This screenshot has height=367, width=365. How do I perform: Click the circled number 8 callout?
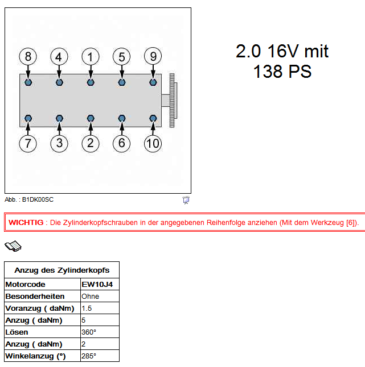pos(28,56)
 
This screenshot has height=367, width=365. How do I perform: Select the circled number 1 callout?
pos(91,56)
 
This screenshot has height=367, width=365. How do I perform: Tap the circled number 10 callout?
pos(153,144)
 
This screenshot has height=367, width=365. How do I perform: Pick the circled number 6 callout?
pos(121,143)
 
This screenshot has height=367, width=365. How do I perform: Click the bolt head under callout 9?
pos(153,82)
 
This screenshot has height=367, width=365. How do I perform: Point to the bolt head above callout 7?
pos(28,118)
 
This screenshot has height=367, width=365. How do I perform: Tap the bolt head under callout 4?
pos(59,82)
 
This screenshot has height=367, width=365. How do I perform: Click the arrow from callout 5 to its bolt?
pos(122,72)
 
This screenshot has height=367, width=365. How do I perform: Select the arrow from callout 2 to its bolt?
pos(91,128)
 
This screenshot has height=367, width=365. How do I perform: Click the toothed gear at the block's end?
pos(173,101)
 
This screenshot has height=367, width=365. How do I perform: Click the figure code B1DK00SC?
pos(38,199)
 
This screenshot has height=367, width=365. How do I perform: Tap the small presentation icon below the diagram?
pos(186,200)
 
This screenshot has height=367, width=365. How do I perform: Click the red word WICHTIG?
pos(26,222)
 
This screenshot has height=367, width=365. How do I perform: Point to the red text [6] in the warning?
pos(350,222)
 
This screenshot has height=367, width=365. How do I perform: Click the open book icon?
pos(13,246)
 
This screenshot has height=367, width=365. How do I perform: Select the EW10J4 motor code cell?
pos(100,284)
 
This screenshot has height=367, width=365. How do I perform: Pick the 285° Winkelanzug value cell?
pos(100,356)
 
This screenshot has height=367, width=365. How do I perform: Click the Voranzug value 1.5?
pos(87,308)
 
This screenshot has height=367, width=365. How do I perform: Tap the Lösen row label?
pos(17,332)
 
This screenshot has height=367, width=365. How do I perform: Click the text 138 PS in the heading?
pos(282,71)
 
